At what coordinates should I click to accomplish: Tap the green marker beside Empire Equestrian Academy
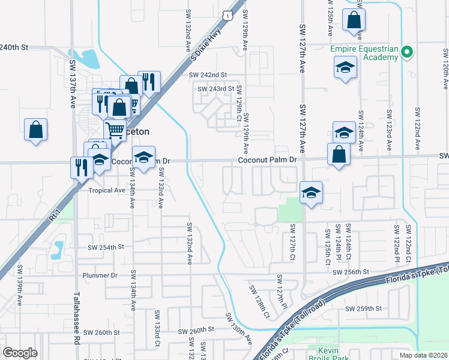408,52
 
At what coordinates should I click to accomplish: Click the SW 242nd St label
208,75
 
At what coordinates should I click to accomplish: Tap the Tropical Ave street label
107,190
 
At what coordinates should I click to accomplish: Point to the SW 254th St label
106,247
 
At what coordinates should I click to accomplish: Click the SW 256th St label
350,272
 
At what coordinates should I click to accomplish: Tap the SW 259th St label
363,309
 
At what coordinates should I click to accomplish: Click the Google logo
20,352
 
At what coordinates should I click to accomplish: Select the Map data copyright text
423,355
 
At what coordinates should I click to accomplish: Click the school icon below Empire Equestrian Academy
345,67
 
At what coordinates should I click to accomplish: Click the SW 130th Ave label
238,328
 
